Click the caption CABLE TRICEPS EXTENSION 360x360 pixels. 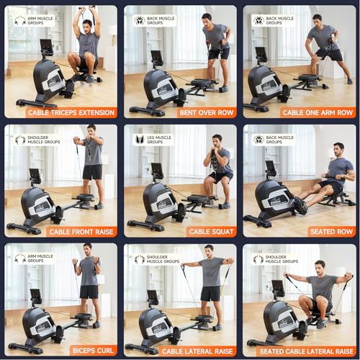click(72, 112)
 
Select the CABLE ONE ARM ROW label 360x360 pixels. click(318, 112)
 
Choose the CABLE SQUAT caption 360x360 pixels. click(212, 232)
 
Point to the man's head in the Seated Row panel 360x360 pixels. click(339, 149)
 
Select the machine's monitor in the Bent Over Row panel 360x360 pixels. click(156, 57)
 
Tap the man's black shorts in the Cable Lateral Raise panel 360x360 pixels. click(210, 293)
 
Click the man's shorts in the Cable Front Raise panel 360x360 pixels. click(92, 172)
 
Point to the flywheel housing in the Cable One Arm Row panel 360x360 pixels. click(264, 85)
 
